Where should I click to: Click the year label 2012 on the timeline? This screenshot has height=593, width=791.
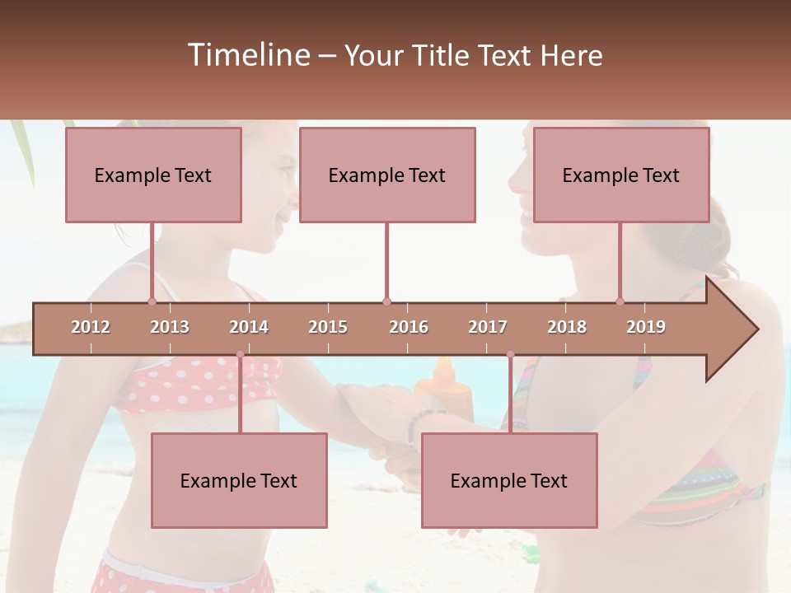coord(91,327)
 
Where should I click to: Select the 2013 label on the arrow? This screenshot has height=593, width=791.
coord(170,327)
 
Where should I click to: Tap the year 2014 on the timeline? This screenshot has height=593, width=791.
coord(249,327)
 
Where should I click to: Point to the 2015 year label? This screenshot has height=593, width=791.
coord(328,327)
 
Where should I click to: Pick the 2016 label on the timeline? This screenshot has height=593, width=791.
coord(409,327)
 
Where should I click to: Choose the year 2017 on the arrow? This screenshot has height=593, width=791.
coord(488,327)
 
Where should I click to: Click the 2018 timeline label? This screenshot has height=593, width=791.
coord(567,327)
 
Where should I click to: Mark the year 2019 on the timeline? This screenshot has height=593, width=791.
coord(646,327)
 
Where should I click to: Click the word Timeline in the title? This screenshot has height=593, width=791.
coord(248,55)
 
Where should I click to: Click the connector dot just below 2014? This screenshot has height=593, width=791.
coord(240,354)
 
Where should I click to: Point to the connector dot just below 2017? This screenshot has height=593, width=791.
coord(510,354)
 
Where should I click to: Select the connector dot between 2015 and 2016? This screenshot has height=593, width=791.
coord(386,301)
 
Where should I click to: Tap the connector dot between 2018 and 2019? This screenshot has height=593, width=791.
coord(620,301)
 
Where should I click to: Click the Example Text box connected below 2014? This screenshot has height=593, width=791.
coord(239,480)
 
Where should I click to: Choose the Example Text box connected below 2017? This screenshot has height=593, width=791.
coord(509,480)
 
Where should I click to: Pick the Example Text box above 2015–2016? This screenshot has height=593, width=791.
coord(387,175)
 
